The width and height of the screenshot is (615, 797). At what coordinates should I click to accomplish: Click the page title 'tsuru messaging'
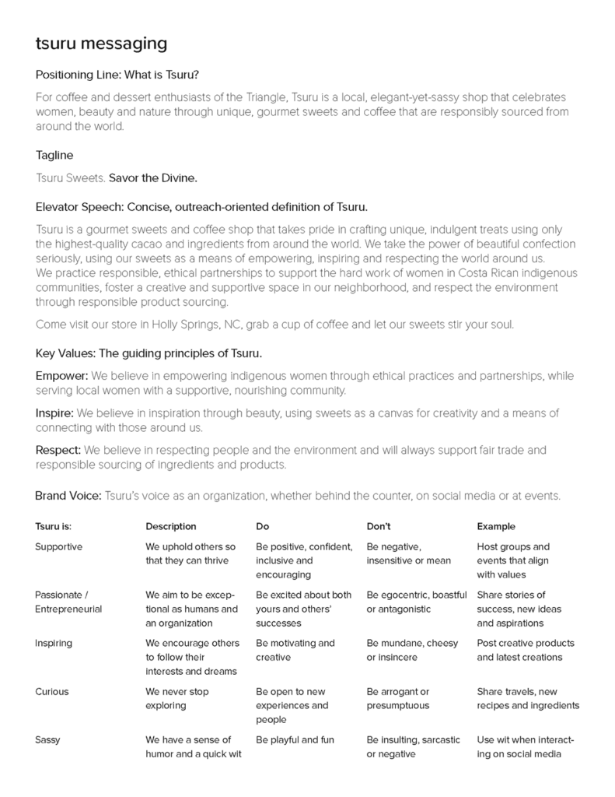[101, 44]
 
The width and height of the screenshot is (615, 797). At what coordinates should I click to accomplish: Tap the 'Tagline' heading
[54, 156]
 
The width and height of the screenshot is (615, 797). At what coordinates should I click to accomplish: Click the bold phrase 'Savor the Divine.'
[153, 178]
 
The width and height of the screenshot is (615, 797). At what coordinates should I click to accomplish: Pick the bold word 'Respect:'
[58, 451]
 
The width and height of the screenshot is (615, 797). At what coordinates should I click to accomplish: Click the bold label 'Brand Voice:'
[68, 496]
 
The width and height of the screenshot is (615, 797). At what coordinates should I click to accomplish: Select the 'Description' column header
[171, 527]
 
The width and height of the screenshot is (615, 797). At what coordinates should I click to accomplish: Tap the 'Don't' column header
[379, 527]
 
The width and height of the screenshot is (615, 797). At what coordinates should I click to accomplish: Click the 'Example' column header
[496, 527]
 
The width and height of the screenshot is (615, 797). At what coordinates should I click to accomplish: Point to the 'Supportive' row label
[58, 547]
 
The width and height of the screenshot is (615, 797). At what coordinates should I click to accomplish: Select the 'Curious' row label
[52, 692]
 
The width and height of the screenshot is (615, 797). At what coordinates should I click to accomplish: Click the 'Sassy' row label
[48, 740]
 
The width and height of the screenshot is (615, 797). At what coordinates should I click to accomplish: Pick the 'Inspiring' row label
[54, 644]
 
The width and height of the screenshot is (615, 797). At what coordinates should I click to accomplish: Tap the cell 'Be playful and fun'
[295, 740]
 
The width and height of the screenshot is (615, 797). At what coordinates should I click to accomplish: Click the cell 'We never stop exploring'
[177, 699]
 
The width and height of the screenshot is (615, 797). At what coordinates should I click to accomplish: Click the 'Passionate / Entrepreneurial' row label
[68, 602]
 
